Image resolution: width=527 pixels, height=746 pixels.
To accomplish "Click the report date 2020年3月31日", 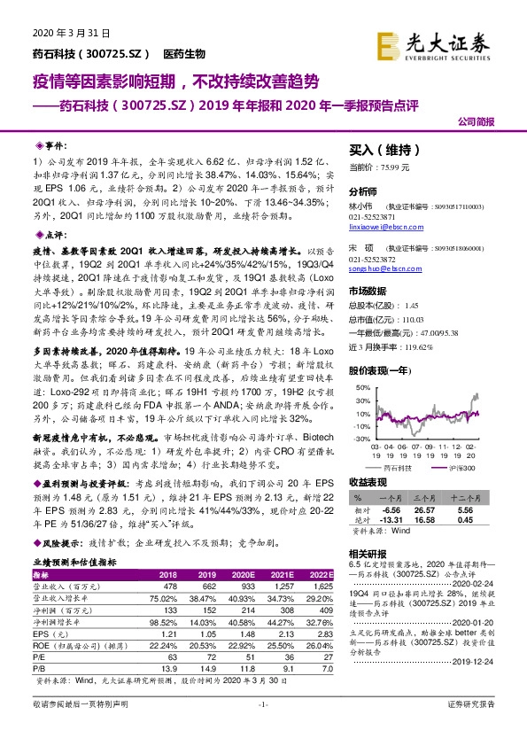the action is [55, 33].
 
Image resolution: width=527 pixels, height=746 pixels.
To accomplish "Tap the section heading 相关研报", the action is [368, 552].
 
